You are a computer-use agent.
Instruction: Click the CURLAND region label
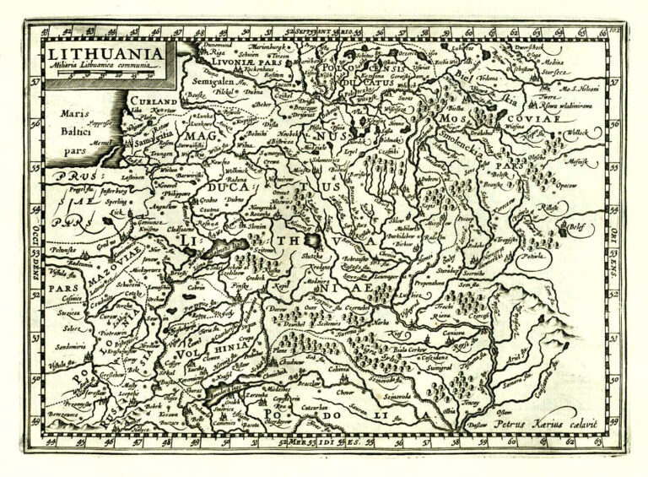[x=152, y=100]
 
